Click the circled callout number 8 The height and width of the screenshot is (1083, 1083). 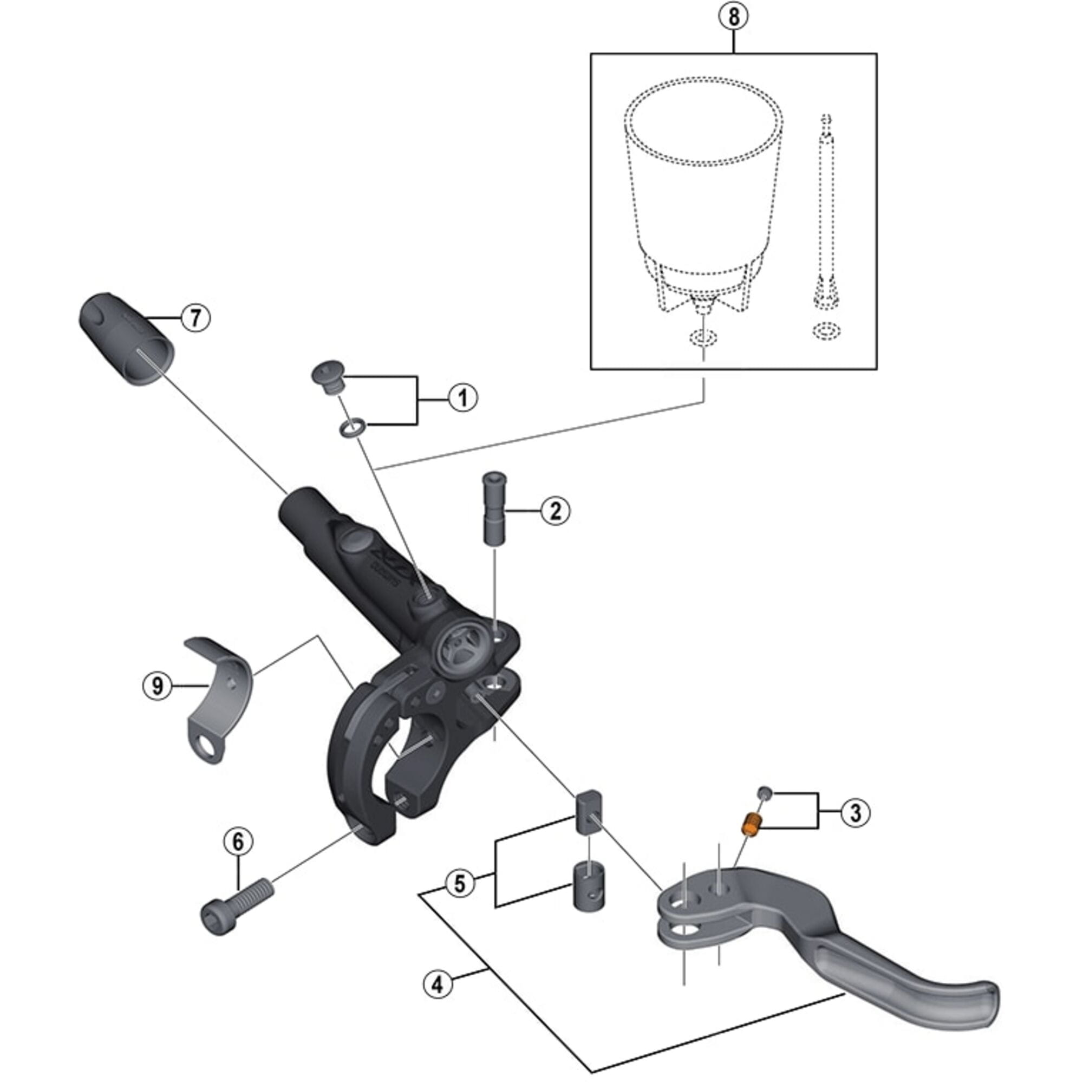pyautogui.click(x=733, y=17)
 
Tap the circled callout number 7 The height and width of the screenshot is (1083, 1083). pyautogui.click(x=195, y=318)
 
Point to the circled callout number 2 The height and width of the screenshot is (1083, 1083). pyautogui.click(x=555, y=511)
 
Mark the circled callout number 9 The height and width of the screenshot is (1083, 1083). pyautogui.click(x=158, y=686)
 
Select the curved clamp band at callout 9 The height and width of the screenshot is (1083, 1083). pyautogui.click(x=219, y=691)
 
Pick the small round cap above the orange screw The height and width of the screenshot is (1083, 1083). pyautogui.click(x=765, y=793)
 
